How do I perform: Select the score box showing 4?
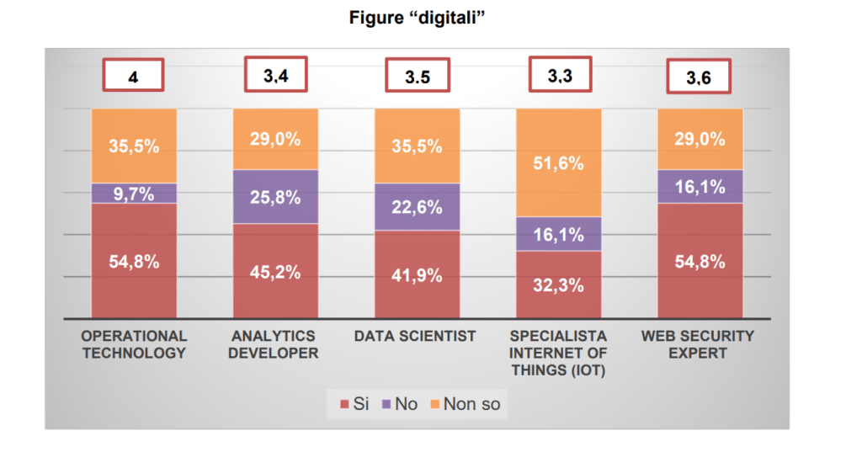tap(133, 76)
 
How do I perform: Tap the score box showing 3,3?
tap(559, 76)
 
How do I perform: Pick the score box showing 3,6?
tap(698, 77)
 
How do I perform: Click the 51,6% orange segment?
tap(559, 162)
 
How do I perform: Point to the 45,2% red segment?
tap(275, 271)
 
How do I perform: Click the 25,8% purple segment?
tap(275, 197)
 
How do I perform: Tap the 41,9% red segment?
tap(417, 274)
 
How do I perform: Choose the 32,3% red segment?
tap(559, 284)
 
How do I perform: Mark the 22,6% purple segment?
tap(417, 206)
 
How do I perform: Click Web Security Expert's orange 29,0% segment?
tap(700, 139)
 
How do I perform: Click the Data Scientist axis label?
tap(415, 337)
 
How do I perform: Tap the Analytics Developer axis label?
tap(275, 344)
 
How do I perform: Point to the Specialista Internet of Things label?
tap(559, 352)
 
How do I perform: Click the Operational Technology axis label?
tap(133, 344)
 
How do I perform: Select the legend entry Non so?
tap(464, 404)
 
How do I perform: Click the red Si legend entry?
tap(354, 404)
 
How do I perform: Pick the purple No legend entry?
tap(400, 404)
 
